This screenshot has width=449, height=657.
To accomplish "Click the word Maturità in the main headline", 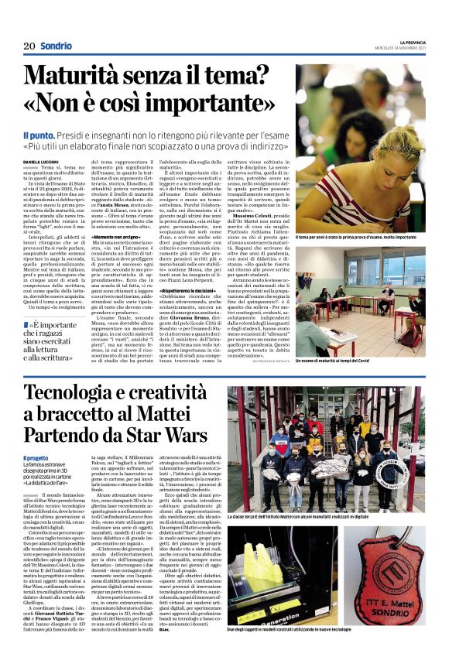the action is (x=84, y=78).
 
